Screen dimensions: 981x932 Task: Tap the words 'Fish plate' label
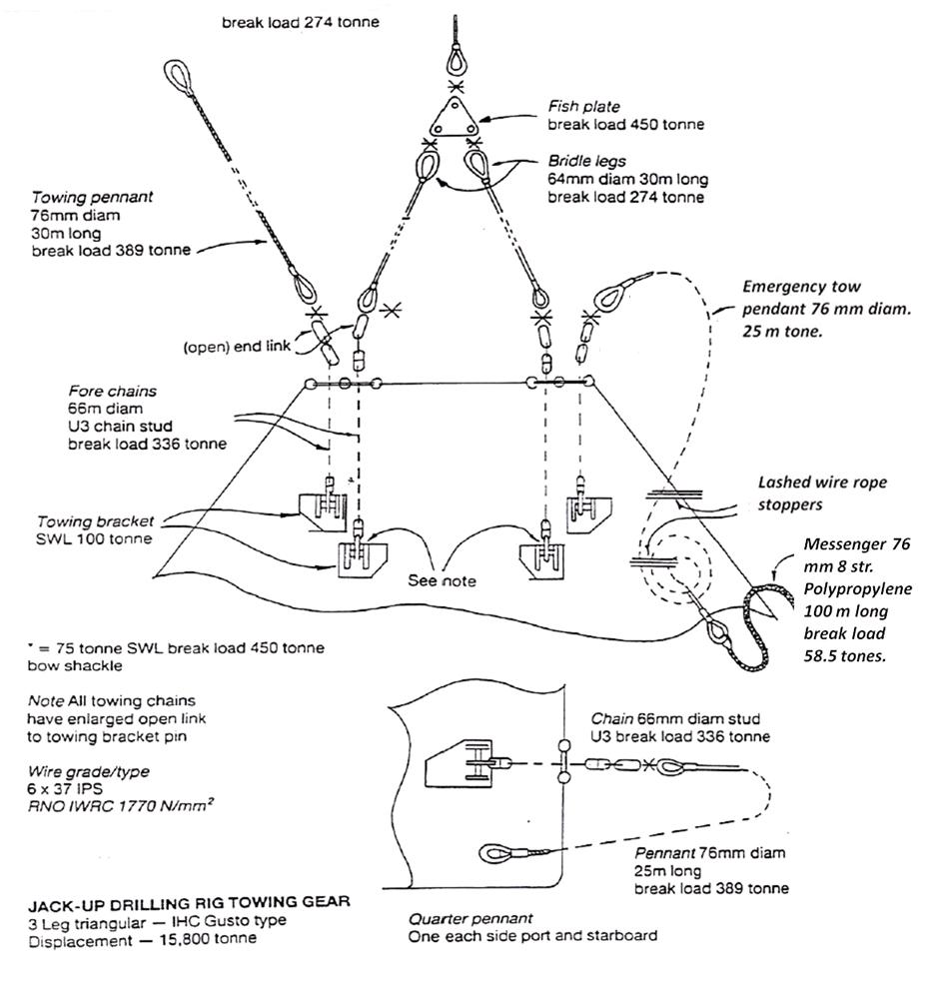[583, 106]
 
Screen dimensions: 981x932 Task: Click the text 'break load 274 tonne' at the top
[301, 19]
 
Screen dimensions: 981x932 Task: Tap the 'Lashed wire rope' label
[820, 483]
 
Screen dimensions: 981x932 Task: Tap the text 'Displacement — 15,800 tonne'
[142, 938]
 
